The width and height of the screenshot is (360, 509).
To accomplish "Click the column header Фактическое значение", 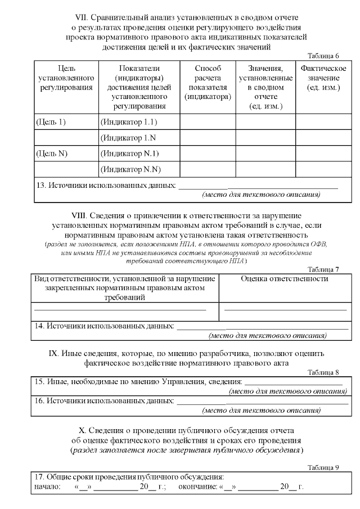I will [x=323, y=78].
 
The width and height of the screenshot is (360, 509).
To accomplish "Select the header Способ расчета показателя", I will [x=208, y=83].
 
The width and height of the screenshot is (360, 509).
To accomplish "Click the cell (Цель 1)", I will [x=51, y=121].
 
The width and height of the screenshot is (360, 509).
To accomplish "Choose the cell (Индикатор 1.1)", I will [x=128, y=121].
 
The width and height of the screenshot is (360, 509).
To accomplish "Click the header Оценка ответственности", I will [x=284, y=278].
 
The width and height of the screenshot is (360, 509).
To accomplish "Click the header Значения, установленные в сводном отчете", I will [x=265, y=87].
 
